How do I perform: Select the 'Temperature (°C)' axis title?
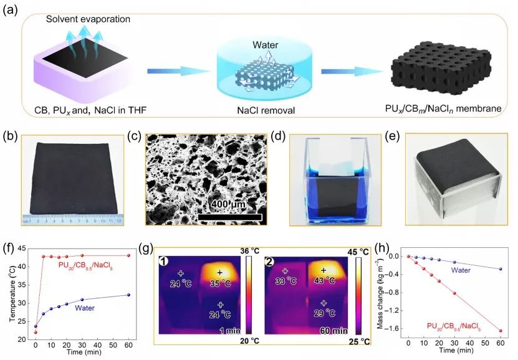point(10,293)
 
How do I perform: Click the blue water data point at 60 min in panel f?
point(128,295)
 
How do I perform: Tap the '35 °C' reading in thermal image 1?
point(220,282)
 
